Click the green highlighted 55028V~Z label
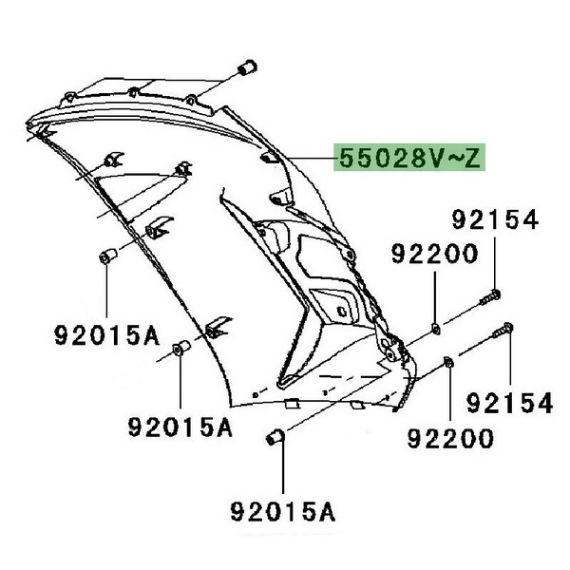pyautogui.click(x=409, y=158)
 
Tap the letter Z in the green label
pyautogui.click(x=472, y=159)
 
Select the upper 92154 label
pyautogui.click(x=495, y=219)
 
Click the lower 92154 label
pyautogui.click(x=509, y=403)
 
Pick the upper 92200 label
pyautogui.click(x=434, y=254)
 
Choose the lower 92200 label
pyautogui.click(x=450, y=439)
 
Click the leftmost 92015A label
pyautogui.click(x=107, y=335)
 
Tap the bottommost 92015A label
pyautogui.click(x=283, y=512)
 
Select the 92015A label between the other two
pyautogui.click(x=180, y=427)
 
